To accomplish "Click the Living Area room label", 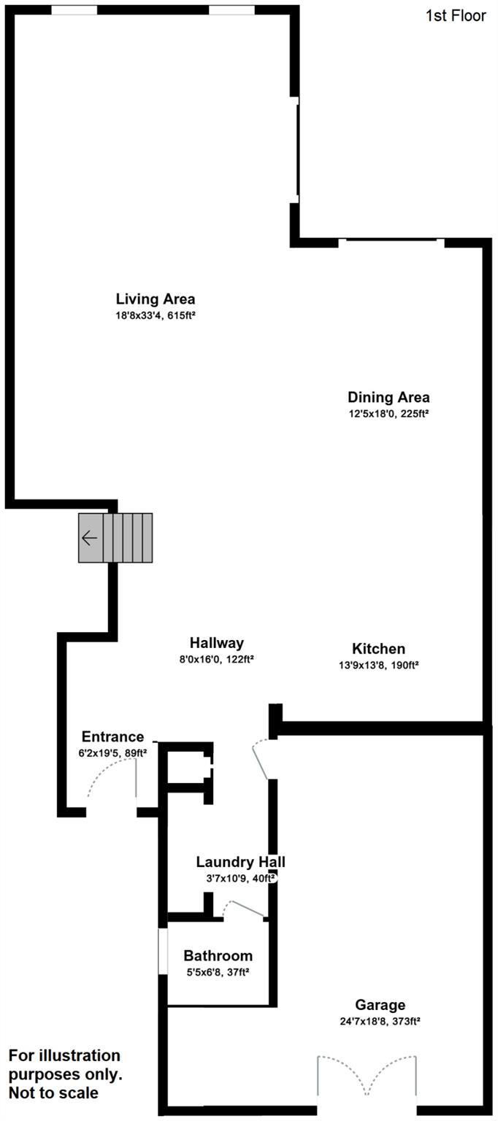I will click(155, 298).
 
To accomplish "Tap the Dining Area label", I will click(388, 398).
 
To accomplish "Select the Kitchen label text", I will click(378, 649).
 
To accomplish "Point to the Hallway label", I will click(216, 643).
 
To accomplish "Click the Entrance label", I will click(112, 737).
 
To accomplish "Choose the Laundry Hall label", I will click(240, 862).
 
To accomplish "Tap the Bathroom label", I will click(218, 955).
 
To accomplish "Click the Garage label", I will click(380, 1005).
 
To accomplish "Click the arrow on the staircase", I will click(90, 539).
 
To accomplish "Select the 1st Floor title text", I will click(456, 15).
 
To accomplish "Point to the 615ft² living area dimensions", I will click(155, 315).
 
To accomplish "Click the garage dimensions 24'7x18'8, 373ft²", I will click(380, 1021).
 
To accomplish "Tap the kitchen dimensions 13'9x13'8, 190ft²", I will click(378, 665).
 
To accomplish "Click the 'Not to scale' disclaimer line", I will click(53, 1093).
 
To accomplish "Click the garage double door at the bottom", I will click(367, 1076).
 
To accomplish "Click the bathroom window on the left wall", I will click(163, 950).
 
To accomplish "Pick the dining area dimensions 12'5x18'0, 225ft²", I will click(388, 414).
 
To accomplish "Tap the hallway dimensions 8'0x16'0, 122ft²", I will click(216, 659).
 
